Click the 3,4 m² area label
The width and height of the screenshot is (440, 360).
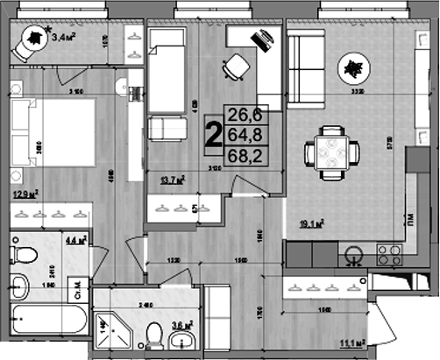[x=64, y=37]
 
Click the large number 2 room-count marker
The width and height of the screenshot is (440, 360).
[x=212, y=137]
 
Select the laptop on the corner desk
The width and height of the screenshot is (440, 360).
[x=263, y=39]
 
